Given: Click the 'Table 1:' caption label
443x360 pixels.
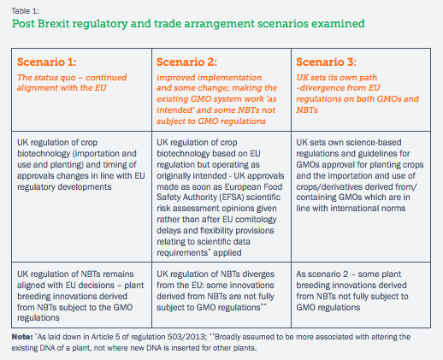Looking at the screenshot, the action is (x=25, y=11).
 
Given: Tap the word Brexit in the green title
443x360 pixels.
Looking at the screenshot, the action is (x=53, y=23).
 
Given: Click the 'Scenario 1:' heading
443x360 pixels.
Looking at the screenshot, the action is (x=46, y=62).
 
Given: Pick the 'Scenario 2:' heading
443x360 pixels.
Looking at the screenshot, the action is (x=186, y=62).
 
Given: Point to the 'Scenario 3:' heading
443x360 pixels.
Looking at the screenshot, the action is (x=326, y=62).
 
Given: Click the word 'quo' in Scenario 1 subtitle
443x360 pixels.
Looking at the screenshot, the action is (x=70, y=78).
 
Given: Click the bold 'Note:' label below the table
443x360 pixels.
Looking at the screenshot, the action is (x=22, y=337).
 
